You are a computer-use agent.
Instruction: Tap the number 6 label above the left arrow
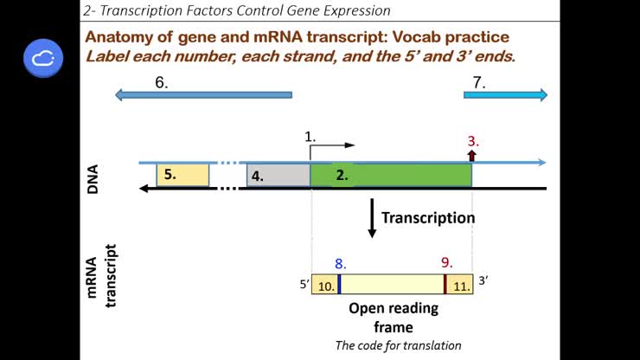[x=160, y=82]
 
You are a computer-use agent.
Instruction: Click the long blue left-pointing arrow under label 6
[x=203, y=95]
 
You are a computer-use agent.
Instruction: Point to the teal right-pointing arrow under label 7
[x=505, y=95]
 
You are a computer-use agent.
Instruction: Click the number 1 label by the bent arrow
[x=310, y=137]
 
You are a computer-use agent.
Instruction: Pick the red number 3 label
[x=472, y=140]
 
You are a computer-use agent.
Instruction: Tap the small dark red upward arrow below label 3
[x=472, y=155]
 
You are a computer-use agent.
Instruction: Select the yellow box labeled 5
[x=182, y=174]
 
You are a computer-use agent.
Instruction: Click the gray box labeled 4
[x=278, y=175]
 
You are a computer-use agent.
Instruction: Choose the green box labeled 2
[x=391, y=175]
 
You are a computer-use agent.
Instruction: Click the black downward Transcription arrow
[x=372, y=218]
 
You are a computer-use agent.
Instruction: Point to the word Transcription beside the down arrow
[x=428, y=217]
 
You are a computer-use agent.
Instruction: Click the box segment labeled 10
[x=324, y=285]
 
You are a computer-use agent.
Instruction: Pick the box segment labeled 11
[x=460, y=285]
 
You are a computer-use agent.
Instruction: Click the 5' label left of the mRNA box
[x=304, y=282]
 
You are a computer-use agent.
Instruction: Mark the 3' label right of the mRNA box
[x=484, y=280]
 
